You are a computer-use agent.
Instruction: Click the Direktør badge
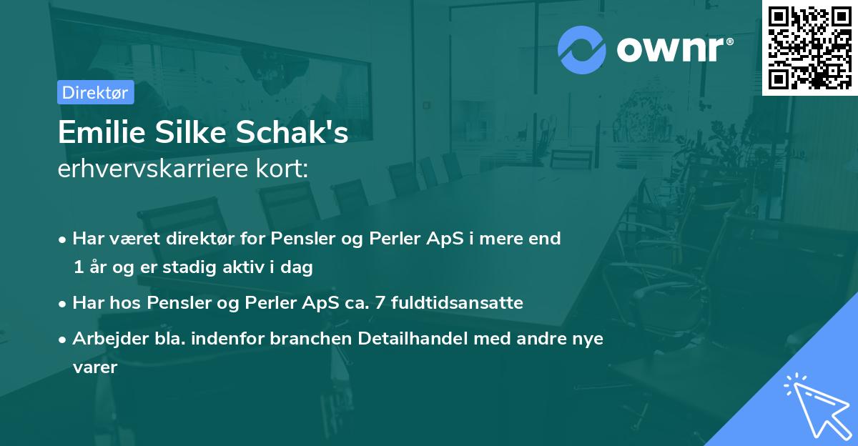[x=95, y=93]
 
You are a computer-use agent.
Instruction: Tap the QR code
[x=809, y=47]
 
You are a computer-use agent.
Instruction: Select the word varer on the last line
[x=94, y=367]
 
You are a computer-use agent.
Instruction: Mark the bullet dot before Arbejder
[x=64, y=340]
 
